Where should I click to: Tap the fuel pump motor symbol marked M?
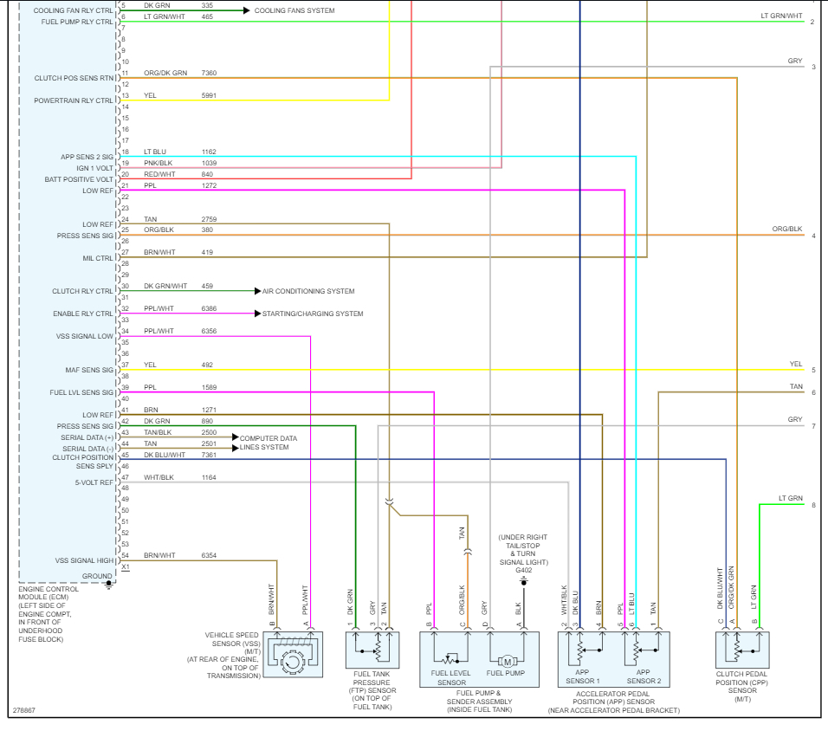point(508,661)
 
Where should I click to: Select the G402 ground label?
point(524,570)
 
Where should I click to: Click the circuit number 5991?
point(209,95)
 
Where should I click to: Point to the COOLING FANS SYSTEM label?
point(294,10)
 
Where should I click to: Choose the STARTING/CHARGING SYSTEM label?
point(313,314)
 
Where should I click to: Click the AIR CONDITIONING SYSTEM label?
point(308,291)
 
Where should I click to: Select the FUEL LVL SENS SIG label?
point(81,393)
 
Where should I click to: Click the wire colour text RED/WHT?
point(159,174)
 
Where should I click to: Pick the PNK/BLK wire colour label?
point(158,163)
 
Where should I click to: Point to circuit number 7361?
point(210,455)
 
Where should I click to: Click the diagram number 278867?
point(24,710)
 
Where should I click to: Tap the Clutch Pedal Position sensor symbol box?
point(737,650)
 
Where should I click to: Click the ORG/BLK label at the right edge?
point(787,229)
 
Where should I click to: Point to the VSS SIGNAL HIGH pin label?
point(84,560)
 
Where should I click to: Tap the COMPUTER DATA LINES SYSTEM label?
point(268,443)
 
